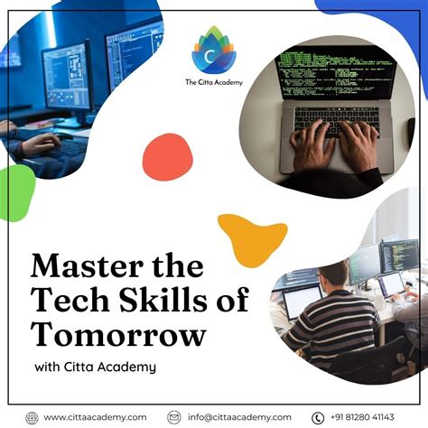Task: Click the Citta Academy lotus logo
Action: tap(213, 51)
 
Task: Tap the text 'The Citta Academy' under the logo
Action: tap(214, 82)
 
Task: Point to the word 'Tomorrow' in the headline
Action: tap(118, 335)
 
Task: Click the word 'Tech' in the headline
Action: tap(64, 302)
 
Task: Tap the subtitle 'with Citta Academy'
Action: tap(95, 367)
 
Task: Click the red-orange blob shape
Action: tap(167, 156)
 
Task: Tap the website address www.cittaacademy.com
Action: tap(95, 416)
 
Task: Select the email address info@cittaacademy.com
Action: tap(239, 416)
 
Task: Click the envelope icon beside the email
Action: tap(174, 416)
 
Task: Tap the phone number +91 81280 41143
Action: tap(366, 416)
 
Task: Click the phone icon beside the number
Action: tap(318, 416)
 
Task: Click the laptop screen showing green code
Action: tap(334, 72)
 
